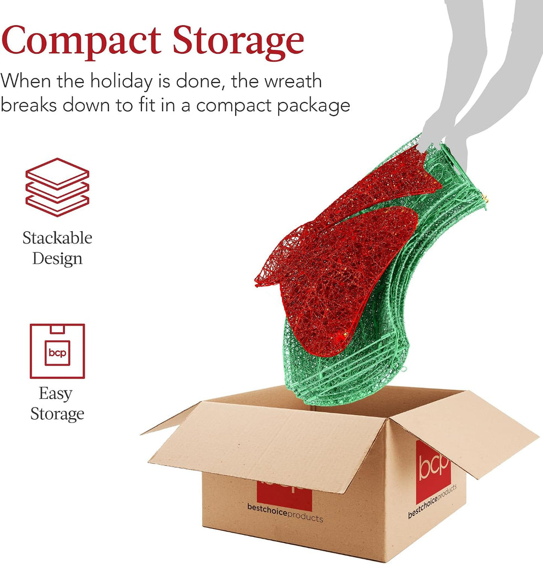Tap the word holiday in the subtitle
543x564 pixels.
pos(121,81)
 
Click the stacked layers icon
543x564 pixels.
pos(57,187)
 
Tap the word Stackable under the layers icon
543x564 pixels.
pos(57,238)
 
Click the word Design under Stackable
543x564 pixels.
pos(57,259)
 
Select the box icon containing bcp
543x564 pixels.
pos(57,351)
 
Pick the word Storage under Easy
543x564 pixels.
pos(57,414)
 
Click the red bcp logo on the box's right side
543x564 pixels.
pos(433,471)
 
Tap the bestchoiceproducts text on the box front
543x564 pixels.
pos(285,512)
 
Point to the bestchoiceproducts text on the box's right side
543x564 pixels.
pos(432,501)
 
